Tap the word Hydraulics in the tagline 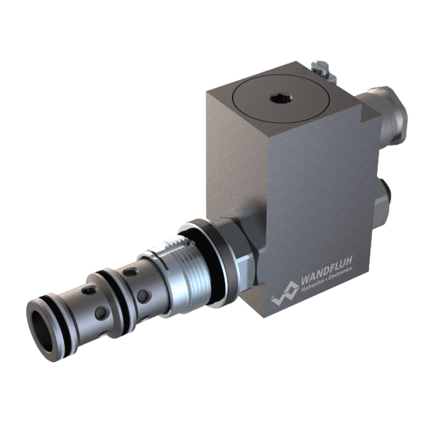[313, 284]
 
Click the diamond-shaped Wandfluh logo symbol [285, 293]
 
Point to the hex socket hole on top [280, 98]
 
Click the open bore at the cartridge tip [43, 332]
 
